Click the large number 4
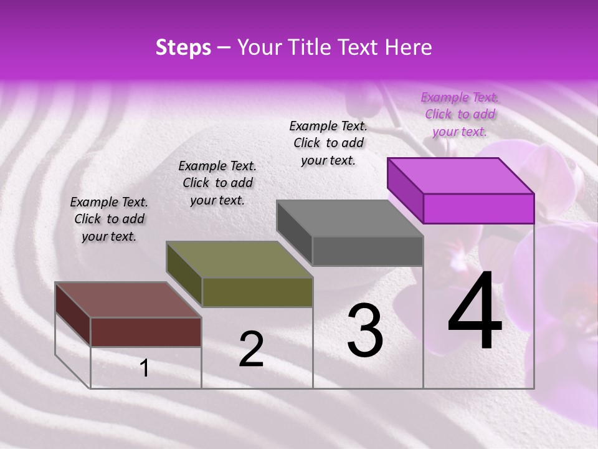(475, 312)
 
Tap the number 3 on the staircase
(365, 331)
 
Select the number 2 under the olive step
(251, 349)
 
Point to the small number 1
(145, 368)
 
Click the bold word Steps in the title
(183, 47)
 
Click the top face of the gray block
(350, 218)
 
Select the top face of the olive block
(240, 259)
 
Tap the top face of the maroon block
(128, 300)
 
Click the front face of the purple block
(478, 208)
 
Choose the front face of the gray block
(368, 251)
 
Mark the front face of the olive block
(257, 292)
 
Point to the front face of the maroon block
(146, 332)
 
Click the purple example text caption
(460, 114)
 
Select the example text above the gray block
(328, 143)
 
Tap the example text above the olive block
(217, 183)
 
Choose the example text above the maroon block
(109, 219)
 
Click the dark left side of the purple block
(406, 190)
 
